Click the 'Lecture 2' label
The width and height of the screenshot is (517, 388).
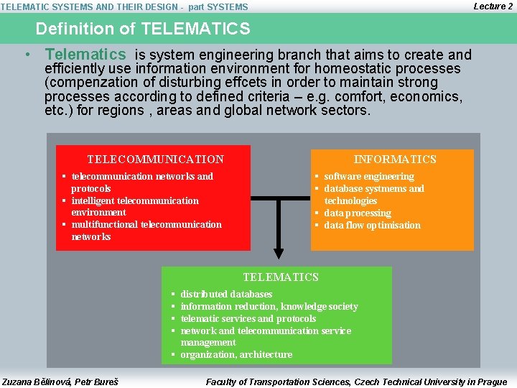[x=493, y=6]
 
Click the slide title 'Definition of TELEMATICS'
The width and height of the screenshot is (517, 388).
[x=143, y=29]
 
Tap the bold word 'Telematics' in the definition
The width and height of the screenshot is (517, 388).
[x=85, y=55]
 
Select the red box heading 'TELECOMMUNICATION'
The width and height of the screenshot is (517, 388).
[x=155, y=160]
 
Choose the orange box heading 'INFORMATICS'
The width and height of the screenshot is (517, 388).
[x=395, y=160]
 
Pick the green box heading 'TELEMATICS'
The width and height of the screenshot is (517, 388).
[x=280, y=277]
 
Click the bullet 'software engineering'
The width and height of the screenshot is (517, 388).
[x=368, y=177]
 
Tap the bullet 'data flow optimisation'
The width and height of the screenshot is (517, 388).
[x=372, y=226]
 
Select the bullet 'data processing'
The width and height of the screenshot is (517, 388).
[x=357, y=213]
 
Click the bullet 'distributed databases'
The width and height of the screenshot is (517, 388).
[x=226, y=295]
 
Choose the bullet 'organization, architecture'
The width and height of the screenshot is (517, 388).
[x=236, y=355]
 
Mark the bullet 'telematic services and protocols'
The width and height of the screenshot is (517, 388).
[x=248, y=319]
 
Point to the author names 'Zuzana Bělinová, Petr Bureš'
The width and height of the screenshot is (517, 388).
[x=60, y=382]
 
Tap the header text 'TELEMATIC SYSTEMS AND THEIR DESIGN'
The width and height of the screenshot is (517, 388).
[x=89, y=7]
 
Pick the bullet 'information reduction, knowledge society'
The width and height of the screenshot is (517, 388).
[x=269, y=307]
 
